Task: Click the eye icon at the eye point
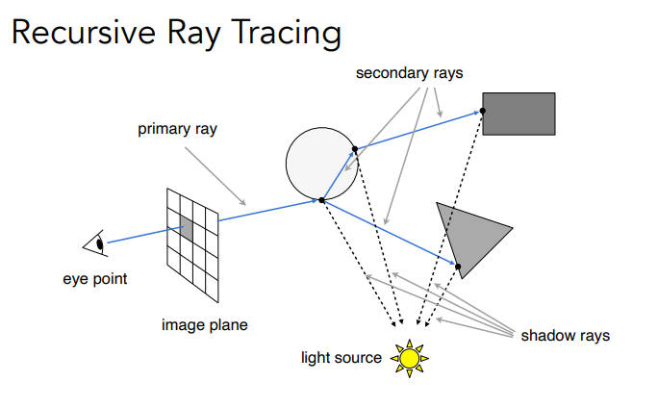pos(96,244)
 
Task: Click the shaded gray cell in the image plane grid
pos(184,231)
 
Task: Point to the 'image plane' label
pos(204,325)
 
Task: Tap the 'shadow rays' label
pos(565,336)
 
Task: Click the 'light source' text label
pos(342,359)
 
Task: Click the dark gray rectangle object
pos(519,114)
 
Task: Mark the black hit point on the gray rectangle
pos(483,111)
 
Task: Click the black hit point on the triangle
pos(458,266)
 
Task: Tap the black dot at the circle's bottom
pos(321,199)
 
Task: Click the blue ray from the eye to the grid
pos(139,237)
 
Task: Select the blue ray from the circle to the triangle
pos(390,232)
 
